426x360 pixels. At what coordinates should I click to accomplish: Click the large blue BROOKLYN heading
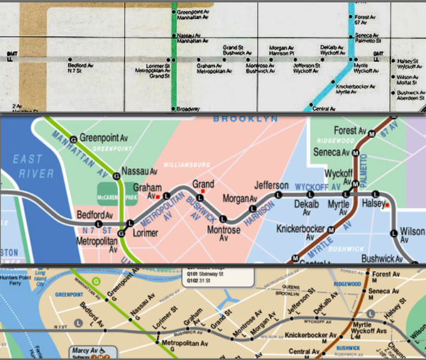tap(244, 118)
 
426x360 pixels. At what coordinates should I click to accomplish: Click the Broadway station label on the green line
tap(187, 109)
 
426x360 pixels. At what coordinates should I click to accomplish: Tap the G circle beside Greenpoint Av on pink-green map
tap(74, 138)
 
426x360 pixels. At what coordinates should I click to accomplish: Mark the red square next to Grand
tap(203, 191)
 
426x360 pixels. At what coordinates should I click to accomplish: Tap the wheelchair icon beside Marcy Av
tap(104, 350)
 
